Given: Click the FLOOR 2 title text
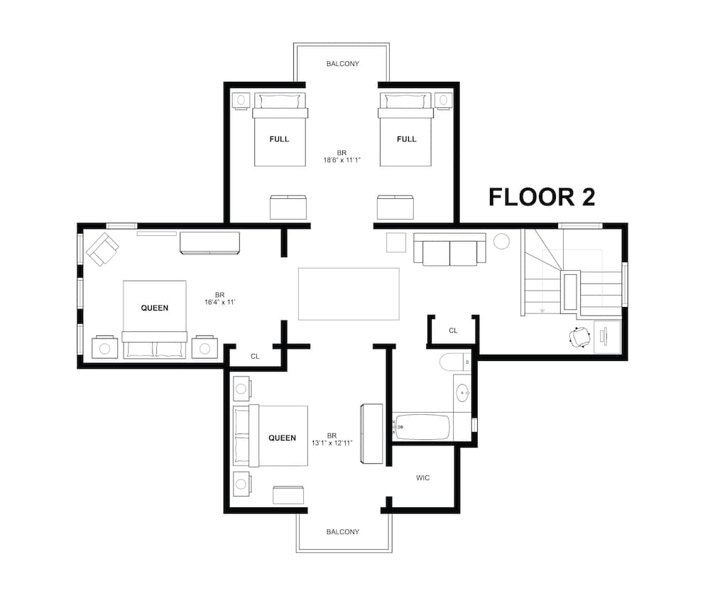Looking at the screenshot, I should [541, 197].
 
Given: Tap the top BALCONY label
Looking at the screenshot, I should [342, 64].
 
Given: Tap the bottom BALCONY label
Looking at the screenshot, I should [342, 531].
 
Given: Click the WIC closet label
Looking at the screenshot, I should [422, 477].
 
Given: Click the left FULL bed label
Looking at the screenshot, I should [279, 139].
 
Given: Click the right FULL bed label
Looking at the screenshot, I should [406, 139].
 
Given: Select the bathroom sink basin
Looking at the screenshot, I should [463, 391].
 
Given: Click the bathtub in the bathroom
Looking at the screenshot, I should [422, 427].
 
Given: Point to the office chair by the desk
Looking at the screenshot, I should [581, 337].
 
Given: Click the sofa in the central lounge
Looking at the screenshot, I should [449, 249].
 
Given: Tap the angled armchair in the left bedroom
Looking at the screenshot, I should [102, 249].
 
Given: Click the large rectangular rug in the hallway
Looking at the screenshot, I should [349, 293].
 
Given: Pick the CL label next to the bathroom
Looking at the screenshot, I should [453, 330].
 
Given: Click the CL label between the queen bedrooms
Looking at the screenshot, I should [255, 356].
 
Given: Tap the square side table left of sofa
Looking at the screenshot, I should [395, 242].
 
